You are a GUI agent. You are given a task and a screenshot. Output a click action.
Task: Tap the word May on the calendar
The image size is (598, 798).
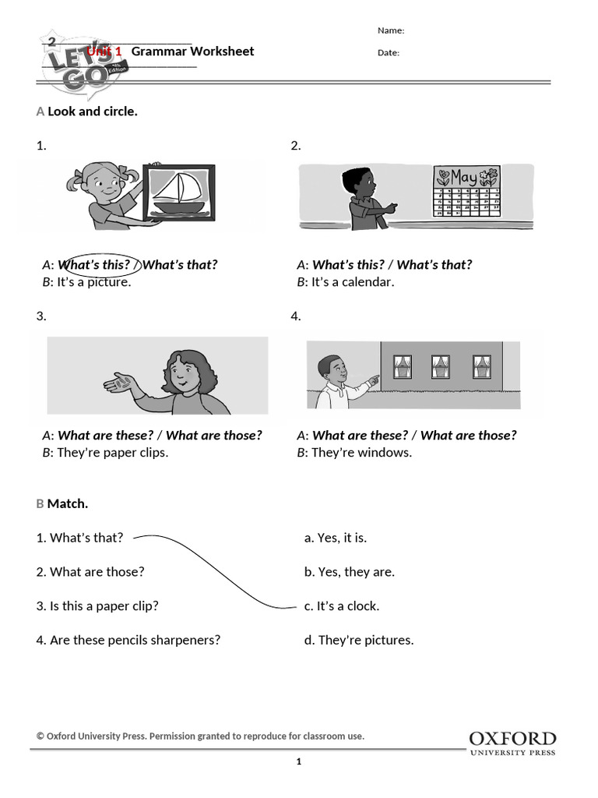(464, 177)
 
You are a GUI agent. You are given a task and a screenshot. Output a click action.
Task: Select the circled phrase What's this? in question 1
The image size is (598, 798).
(93, 264)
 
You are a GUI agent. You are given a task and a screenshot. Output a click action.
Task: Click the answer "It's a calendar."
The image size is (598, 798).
(353, 282)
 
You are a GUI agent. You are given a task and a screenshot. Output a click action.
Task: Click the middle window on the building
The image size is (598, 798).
(441, 366)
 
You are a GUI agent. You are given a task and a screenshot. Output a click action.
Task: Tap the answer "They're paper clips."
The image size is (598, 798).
(112, 453)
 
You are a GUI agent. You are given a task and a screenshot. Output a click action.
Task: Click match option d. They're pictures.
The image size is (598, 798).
(359, 640)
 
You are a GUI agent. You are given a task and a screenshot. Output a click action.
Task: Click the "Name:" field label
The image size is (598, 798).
(391, 30)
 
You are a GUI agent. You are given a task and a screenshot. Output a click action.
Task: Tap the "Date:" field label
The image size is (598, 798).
(389, 53)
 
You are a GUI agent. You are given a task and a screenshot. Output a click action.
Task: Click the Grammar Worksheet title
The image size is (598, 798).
(192, 51)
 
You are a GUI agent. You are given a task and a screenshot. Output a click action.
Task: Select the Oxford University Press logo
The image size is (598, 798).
(512, 743)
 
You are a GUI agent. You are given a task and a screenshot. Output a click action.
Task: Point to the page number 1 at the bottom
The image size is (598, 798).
(298, 762)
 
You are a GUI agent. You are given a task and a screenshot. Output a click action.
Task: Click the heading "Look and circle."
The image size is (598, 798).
(92, 111)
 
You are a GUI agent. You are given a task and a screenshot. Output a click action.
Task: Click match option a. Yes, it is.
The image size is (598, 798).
(336, 538)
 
